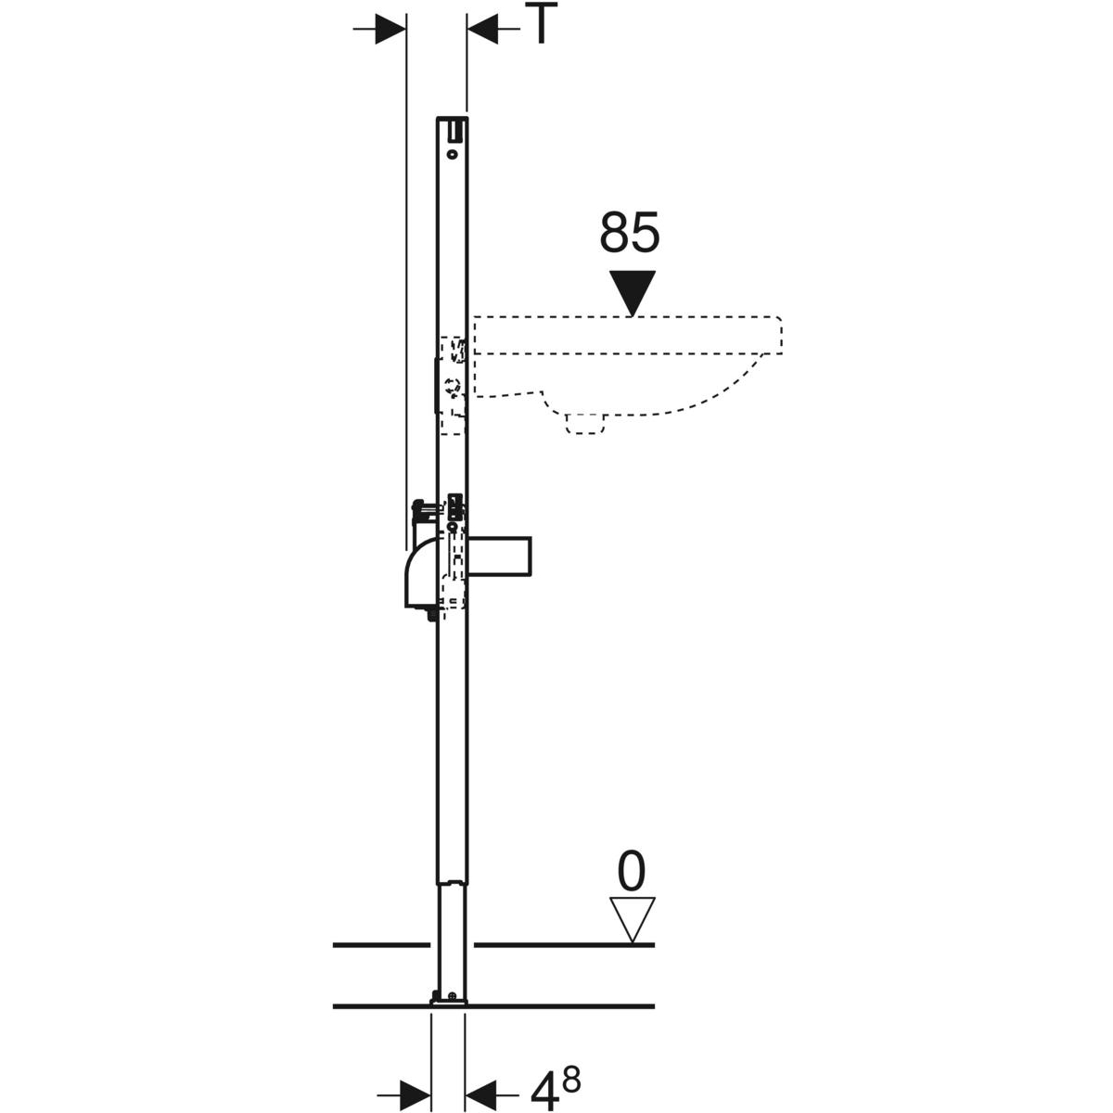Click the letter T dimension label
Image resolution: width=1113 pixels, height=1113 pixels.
coord(540,24)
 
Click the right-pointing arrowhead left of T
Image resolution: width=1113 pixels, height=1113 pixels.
coord(390,29)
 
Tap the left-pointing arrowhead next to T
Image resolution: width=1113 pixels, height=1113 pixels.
coord(481,29)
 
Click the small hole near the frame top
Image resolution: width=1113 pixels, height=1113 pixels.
coord(453,155)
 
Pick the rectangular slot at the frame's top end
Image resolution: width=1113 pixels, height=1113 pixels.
coord(457,129)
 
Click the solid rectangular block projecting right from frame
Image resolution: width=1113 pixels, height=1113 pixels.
coord(499,556)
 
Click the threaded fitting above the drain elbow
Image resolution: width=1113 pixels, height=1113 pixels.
coord(425,510)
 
